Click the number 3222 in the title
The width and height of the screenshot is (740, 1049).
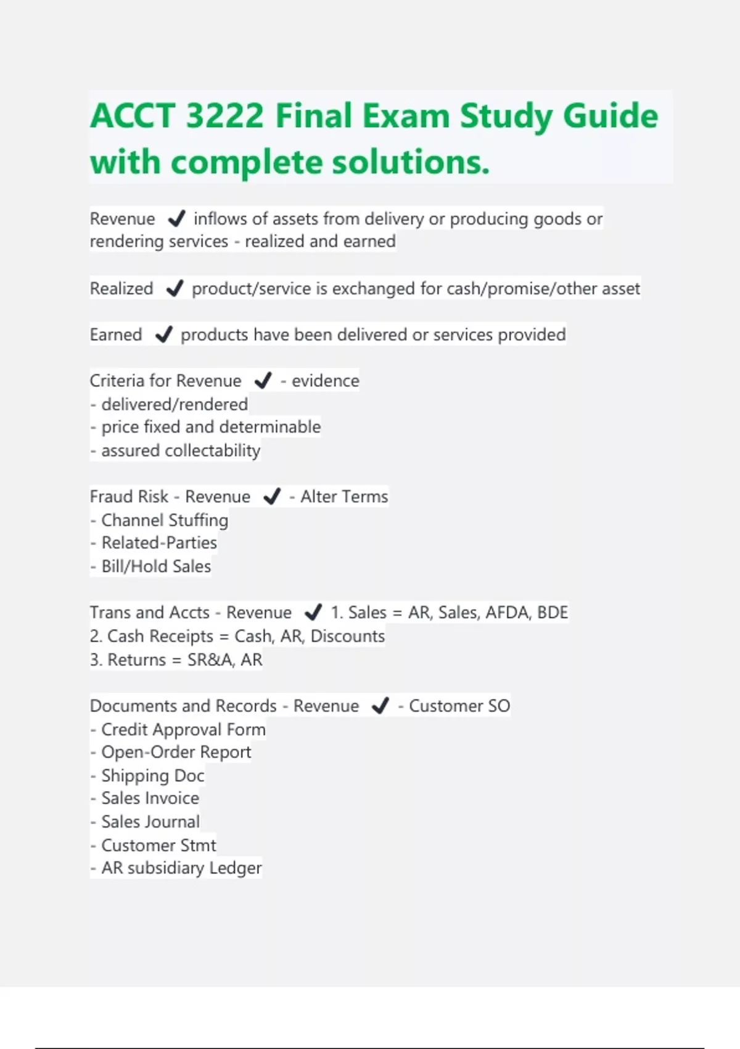(224, 116)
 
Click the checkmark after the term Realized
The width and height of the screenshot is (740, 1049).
(175, 288)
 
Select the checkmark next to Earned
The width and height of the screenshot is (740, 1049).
(163, 334)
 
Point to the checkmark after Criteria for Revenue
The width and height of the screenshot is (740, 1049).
(263, 381)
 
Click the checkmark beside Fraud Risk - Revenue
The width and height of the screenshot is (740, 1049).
(272, 496)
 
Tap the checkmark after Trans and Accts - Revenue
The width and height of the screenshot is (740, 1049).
(313, 612)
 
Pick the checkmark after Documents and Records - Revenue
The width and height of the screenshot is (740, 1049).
(380, 705)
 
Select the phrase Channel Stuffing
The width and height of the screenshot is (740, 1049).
(165, 520)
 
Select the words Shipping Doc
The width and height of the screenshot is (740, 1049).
(152, 775)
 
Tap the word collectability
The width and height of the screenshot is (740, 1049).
(212, 450)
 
